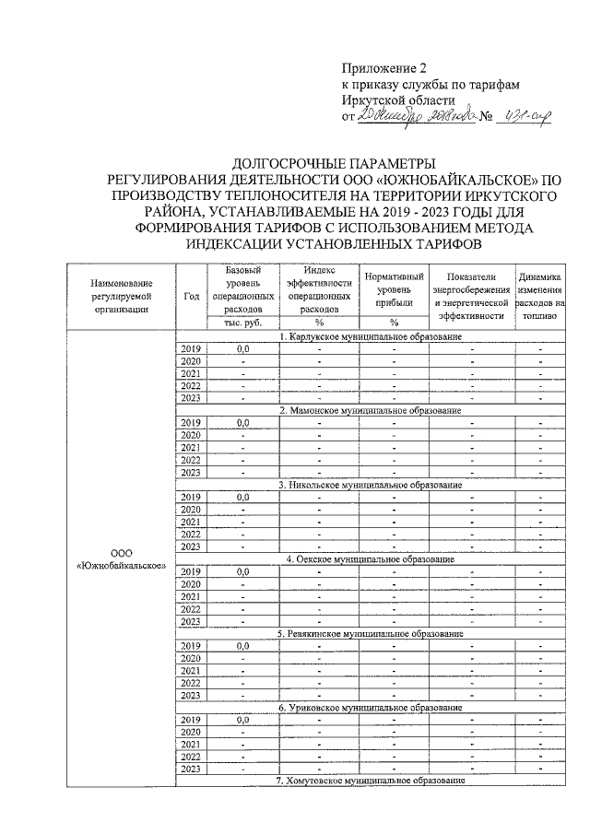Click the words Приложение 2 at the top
point(384,68)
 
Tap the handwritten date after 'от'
point(417,117)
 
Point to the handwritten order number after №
point(525,117)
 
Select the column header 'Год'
point(192,296)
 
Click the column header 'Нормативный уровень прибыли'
point(394,289)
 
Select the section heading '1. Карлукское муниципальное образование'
point(370,338)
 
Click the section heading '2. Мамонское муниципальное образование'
point(370,410)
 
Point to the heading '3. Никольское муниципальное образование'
point(370,484)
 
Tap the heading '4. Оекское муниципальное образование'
point(370,558)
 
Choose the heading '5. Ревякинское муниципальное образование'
point(370,633)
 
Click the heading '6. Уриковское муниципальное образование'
point(370,707)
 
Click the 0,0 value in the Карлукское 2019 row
point(243,350)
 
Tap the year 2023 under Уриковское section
point(192,769)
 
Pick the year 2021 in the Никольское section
point(192,522)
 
